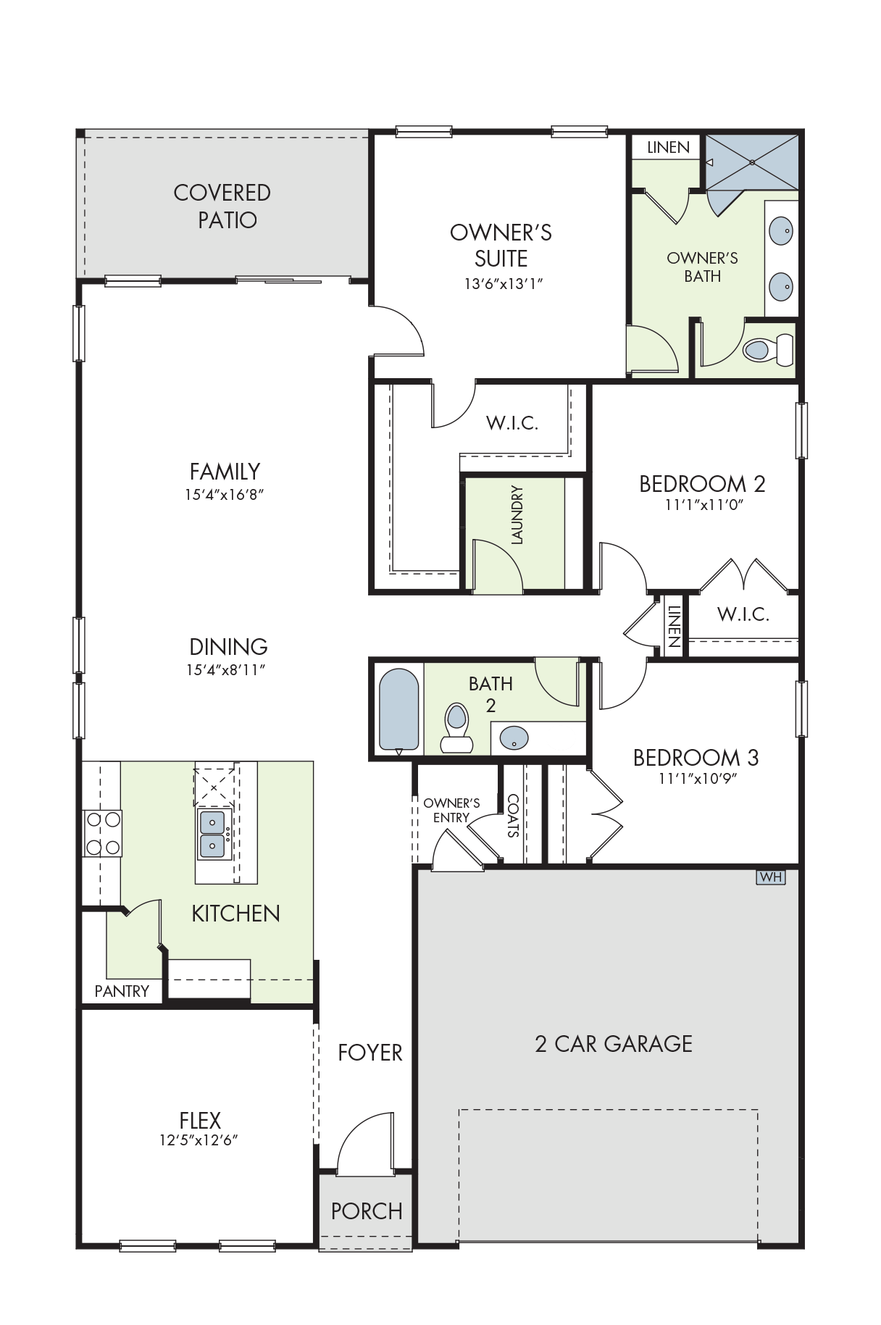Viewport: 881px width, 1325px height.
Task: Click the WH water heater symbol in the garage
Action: click(x=771, y=877)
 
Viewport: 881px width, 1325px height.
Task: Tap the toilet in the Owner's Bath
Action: click(x=769, y=350)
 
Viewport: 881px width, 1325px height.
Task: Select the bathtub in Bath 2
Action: click(x=398, y=709)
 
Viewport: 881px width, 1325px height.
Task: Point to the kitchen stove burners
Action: click(x=103, y=833)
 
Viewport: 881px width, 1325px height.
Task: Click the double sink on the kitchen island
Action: click(x=213, y=834)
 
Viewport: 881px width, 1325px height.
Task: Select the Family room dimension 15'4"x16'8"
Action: click(x=225, y=496)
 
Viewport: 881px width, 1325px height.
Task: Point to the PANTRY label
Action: click(x=122, y=991)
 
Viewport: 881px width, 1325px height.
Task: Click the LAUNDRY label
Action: click(x=517, y=514)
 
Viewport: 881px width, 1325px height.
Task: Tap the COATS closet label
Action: click(x=513, y=816)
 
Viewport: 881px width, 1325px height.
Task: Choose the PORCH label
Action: click(x=367, y=1211)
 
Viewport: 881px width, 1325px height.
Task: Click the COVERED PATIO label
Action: click(x=223, y=206)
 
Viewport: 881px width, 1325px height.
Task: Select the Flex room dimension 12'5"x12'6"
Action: click(x=199, y=1140)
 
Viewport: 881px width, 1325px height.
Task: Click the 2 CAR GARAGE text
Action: click(x=614, y=1044)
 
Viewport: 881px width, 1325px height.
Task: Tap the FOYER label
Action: click(x=370, y=1053)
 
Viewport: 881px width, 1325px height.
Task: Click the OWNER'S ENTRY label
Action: click(x=451, y=811)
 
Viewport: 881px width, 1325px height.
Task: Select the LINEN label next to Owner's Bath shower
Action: click(x=668, y=148)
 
